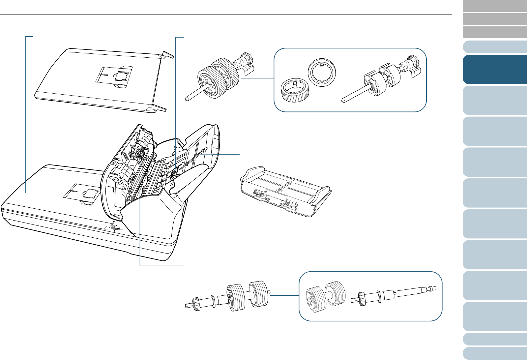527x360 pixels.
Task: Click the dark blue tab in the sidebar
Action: (494, 69)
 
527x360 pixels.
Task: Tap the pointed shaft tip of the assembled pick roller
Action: (187, 98)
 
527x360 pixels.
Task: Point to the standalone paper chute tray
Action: (285, 191)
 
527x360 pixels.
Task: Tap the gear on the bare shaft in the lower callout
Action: (361, 298)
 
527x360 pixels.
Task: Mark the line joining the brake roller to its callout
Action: (285, 295)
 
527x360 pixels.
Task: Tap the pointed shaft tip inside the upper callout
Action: (343, 99)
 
